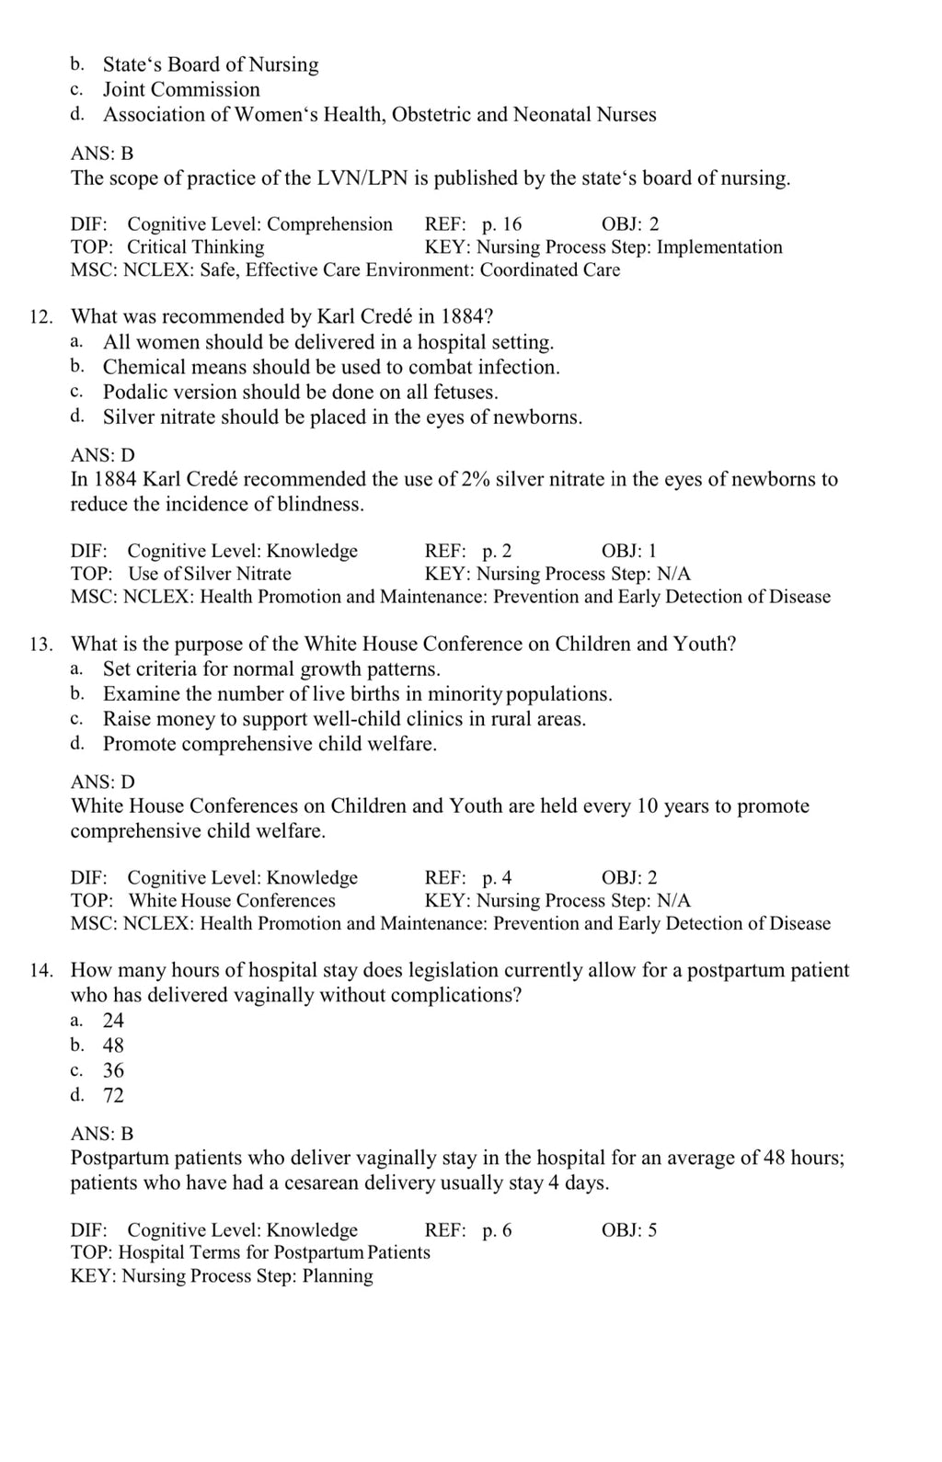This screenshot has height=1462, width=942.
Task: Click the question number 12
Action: click(40, 318)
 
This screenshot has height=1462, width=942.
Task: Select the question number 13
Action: click(40, 645)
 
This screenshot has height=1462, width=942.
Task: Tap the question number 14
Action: click(40, 971)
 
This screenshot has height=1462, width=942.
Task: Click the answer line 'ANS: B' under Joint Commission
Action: click(102, 154)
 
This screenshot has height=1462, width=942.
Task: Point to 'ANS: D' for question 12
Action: click(102, 455)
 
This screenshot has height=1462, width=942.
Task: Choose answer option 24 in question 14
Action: click(113, 1021)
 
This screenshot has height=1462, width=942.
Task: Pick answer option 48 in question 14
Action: click(113, 1045)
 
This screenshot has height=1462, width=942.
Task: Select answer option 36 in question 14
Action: click(113, 1070)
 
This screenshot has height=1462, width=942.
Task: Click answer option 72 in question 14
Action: click(113, 1095)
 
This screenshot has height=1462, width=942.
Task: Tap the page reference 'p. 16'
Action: click(501, 224)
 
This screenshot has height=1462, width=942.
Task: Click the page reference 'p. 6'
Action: click(497, 1230)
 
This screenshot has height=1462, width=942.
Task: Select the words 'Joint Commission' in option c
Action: click(181, 89)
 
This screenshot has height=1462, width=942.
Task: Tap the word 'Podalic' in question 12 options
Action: click(134, 393)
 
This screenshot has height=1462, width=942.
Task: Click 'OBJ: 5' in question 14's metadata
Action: click(629, 1230)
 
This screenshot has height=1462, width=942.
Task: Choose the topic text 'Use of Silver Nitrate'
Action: click(210, 574)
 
